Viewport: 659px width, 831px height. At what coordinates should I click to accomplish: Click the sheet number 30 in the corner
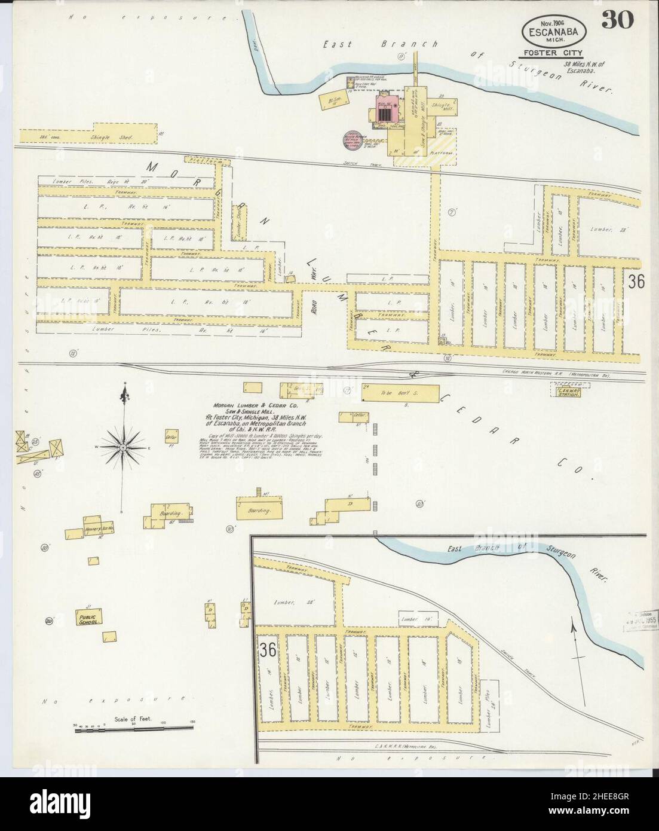[618, 20]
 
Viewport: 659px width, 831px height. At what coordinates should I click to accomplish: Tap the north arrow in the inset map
[575, 645]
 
